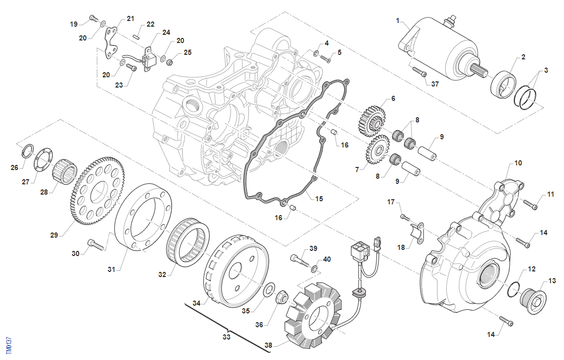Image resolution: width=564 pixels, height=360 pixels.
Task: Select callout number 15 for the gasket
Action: pyautogui.click(x=319, y=198)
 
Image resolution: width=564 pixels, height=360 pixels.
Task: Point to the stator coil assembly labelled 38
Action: pyautogui.click(x=312, y=315)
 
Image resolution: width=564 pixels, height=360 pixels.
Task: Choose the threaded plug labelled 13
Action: pyautogui.click(x=533, y=300)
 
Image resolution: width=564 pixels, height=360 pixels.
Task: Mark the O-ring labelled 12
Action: pyautogui.click(x=514, y=289)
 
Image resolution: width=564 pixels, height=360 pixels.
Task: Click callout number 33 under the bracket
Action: pyautogui.click(x=226, y=337)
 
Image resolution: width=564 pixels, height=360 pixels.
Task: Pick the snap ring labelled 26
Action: pyautogui.click(x=27, y=151)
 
